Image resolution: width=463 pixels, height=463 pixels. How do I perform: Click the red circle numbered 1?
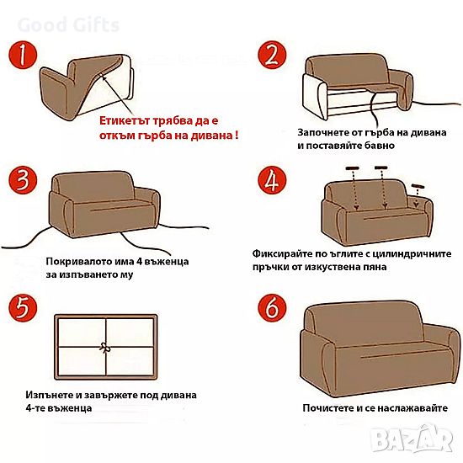23,56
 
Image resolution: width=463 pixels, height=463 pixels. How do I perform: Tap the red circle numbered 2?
272,56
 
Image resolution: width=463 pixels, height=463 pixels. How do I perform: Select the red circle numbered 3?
23,180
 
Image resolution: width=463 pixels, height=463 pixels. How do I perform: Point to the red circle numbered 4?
272,180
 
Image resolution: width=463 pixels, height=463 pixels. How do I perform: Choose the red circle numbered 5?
23,308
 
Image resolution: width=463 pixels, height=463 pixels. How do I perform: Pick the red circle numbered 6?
272,308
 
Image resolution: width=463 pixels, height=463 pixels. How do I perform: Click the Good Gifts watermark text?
68,24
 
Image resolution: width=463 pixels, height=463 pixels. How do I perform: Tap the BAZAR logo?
412,440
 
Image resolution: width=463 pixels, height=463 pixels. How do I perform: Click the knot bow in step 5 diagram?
104,348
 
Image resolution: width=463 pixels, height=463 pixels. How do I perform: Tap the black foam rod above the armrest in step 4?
418,186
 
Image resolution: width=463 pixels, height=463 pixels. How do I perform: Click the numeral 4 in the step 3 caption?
139,262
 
